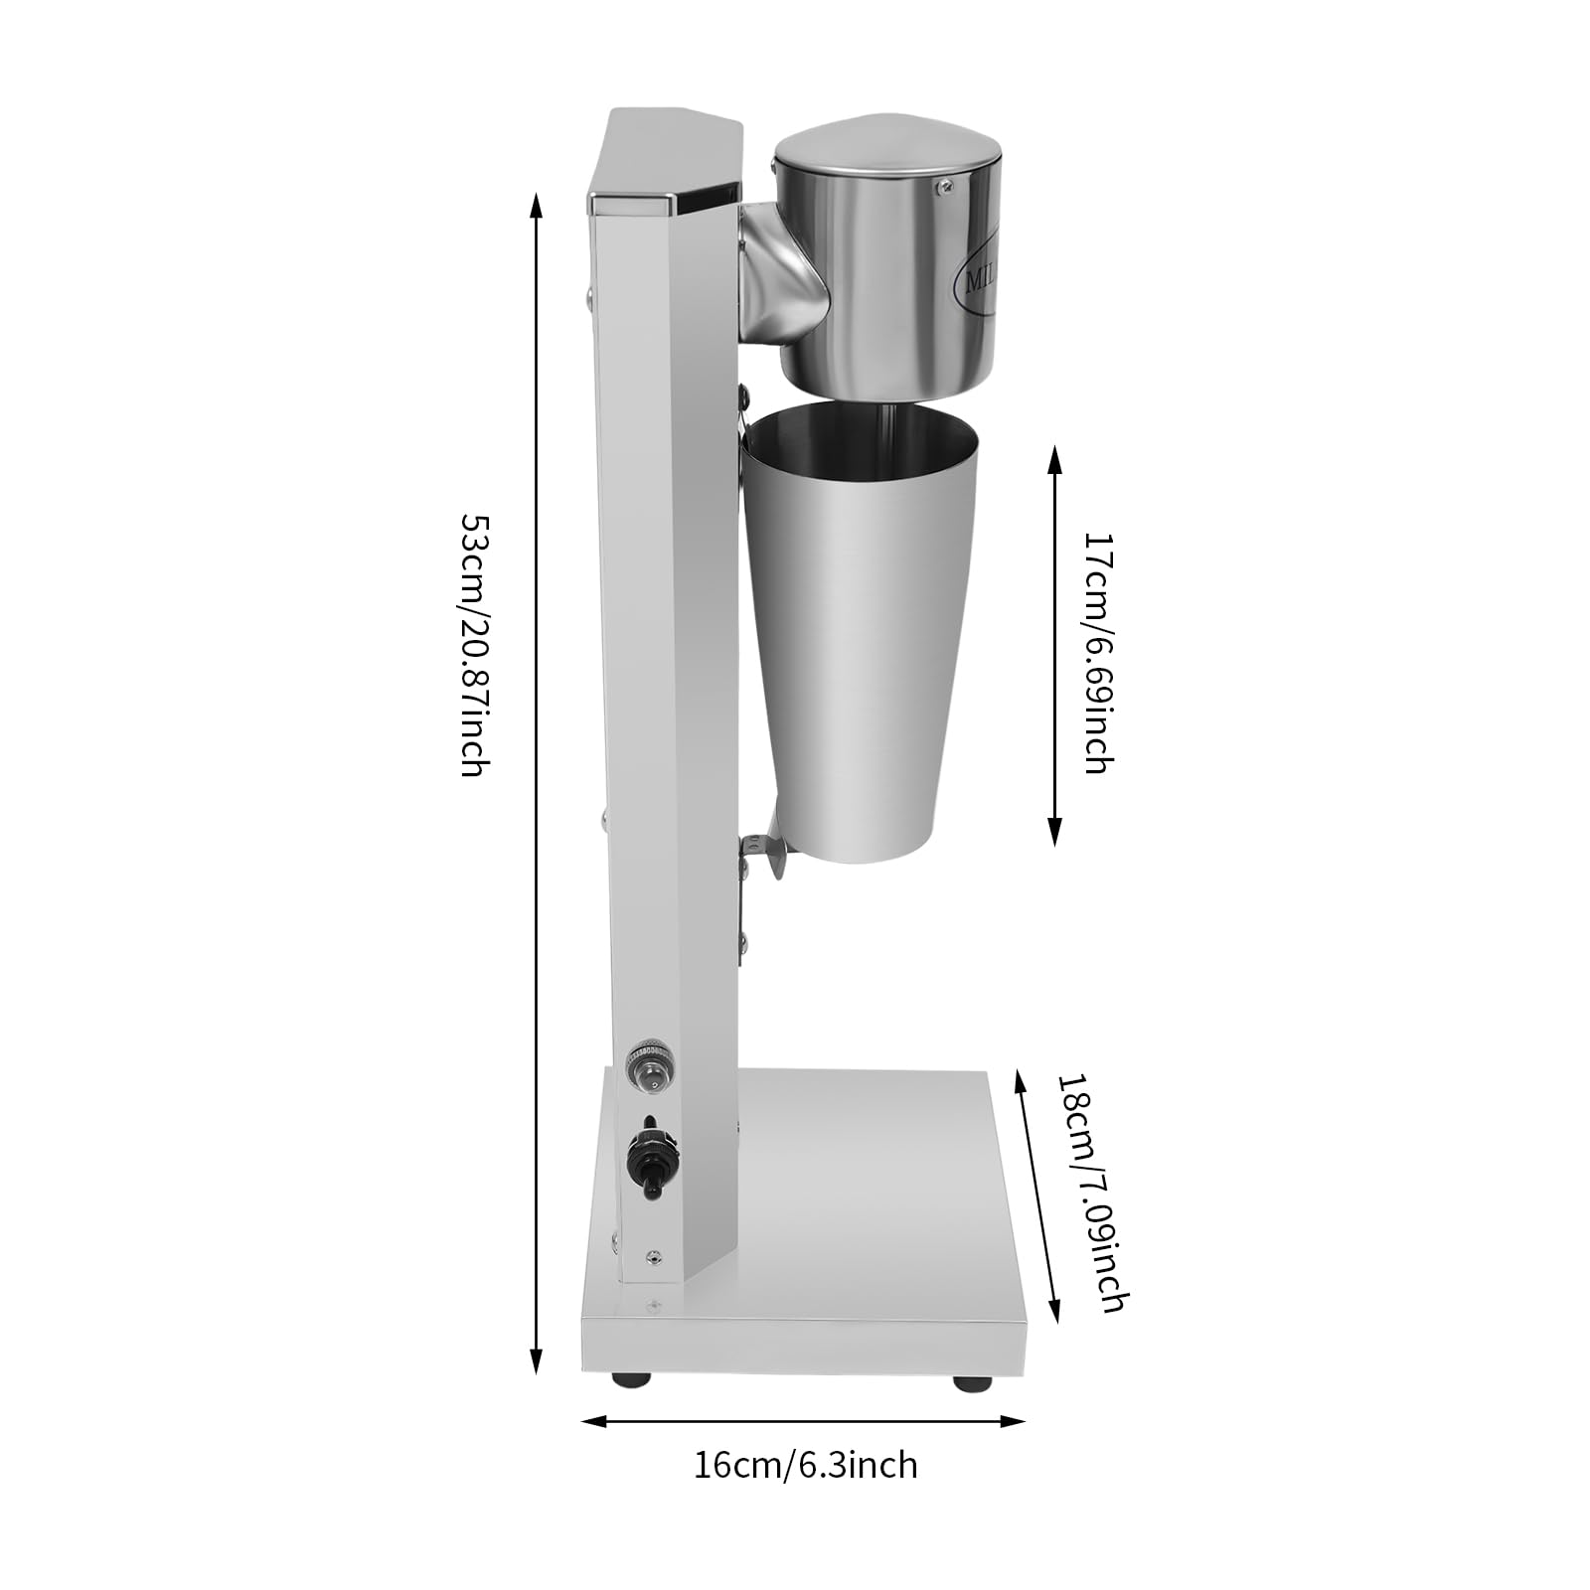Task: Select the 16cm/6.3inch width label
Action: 805,1466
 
